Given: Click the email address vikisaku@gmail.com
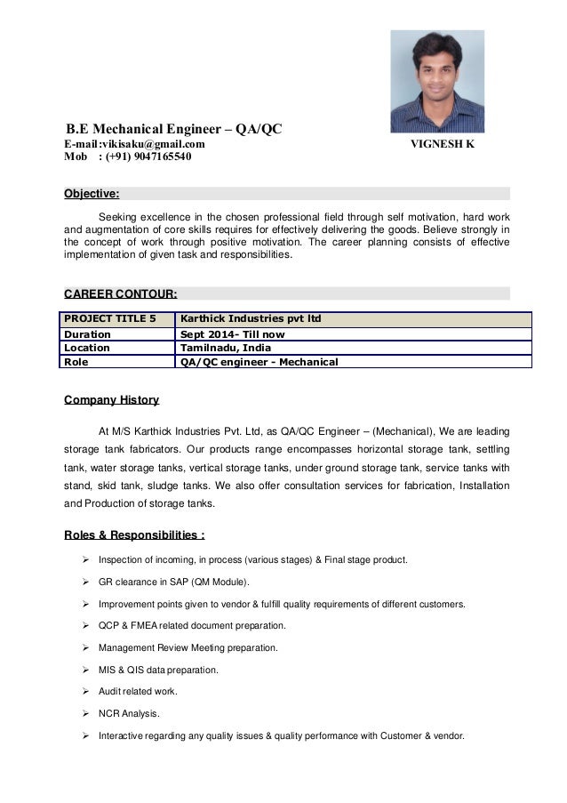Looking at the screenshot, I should (154, 144).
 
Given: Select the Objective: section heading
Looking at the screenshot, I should (92, 194).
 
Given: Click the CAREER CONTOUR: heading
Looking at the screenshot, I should (121, 293).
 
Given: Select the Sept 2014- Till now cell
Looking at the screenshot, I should (233, 335).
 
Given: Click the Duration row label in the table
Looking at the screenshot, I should (86, 335).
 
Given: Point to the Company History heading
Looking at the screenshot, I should (111, 400).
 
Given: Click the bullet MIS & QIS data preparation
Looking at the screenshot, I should (157, 670).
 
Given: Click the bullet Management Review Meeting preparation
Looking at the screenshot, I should (188, 647).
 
